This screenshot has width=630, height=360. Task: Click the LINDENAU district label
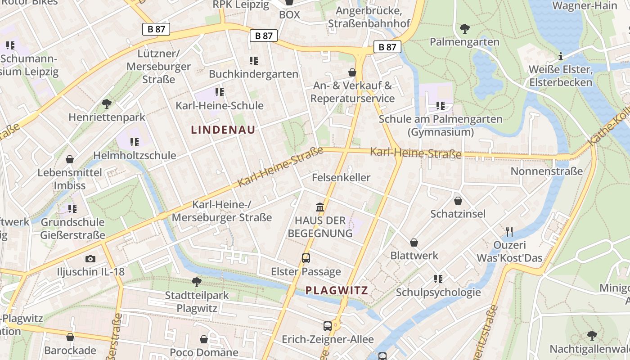point(223,130)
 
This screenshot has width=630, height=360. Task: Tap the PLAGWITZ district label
point(337,290)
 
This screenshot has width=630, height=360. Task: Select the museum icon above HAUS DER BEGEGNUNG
point(320,207)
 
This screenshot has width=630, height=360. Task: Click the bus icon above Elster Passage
point(306,258)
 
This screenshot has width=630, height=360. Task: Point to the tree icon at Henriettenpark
point(107,104)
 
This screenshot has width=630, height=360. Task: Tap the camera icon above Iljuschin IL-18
point(90,259)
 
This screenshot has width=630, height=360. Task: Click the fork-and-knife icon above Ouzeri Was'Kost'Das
point(509,232)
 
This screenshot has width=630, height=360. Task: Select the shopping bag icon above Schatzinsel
point(458,201)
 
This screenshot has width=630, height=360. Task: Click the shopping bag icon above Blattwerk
point(414,243)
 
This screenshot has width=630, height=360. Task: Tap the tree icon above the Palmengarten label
point(465,29)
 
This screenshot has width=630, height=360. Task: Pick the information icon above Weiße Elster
point(560,56)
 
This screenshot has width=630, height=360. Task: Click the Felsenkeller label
point(341,177)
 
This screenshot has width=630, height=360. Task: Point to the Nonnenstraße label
point(546,171)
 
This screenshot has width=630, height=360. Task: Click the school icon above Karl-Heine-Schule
point(219,92)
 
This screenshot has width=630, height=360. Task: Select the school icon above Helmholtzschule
point(134,142)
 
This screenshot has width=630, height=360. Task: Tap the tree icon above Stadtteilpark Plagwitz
point(197,282)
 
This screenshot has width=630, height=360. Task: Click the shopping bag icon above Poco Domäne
point(204,339)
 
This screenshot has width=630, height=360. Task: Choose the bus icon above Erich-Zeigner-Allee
point(328,326)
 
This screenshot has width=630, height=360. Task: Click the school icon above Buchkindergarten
point(253,60)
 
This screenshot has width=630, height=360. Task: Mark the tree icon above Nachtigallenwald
point(592,335)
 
